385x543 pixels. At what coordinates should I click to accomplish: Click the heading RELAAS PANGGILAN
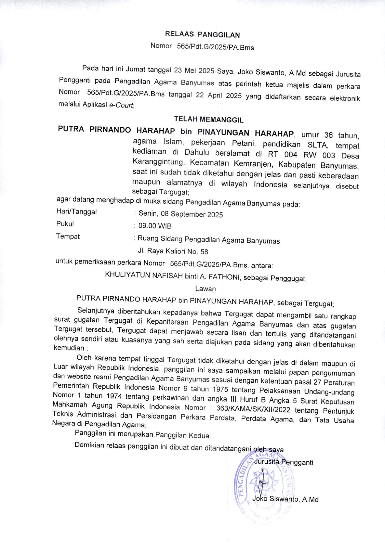(202, 34)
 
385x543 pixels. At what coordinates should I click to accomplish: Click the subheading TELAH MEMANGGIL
(209, 119)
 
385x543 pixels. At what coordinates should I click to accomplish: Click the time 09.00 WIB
(155, 226)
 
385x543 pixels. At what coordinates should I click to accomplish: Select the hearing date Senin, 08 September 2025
(180, 214)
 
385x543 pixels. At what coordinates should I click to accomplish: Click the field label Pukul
(65, 224)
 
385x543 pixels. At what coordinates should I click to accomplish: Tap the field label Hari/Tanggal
(76, 212)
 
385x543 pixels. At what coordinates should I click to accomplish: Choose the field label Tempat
(67, 236)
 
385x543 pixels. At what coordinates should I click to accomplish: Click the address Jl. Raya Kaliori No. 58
(173, 251)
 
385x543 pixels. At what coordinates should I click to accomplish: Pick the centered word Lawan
(205, 289)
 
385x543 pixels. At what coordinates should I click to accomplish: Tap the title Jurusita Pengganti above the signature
(283, 462)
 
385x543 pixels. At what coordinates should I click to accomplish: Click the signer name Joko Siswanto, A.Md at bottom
(285, 499)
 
